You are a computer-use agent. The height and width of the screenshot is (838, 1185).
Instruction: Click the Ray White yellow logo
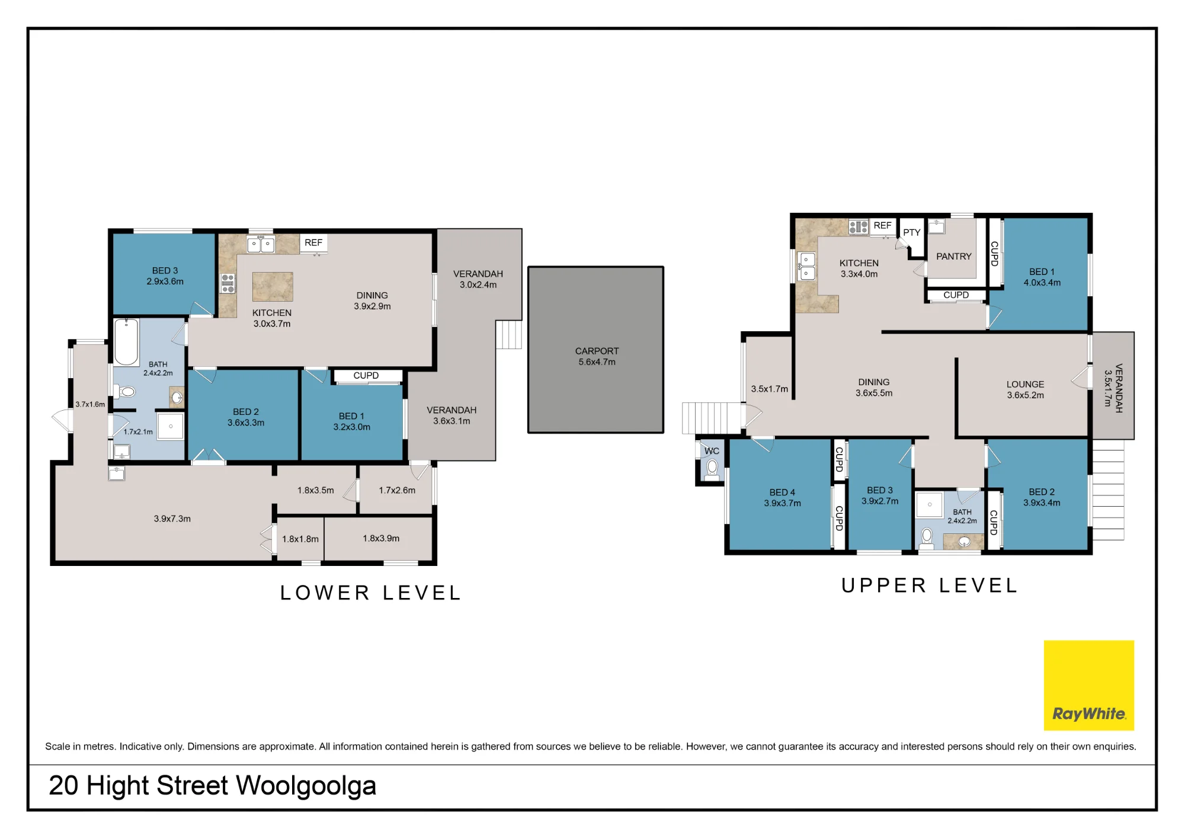tap(1088, 685)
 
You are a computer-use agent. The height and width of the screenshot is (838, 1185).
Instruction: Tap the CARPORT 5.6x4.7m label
tap(597, 356)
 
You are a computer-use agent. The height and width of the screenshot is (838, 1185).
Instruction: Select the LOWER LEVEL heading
tap(370, 593)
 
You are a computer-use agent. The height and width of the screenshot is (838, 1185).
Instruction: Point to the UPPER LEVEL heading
tap(929, 586)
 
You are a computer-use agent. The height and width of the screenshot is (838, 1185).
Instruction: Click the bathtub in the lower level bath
tap(126, 342)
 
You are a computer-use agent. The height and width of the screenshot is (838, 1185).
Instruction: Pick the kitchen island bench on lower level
tap(273, 287)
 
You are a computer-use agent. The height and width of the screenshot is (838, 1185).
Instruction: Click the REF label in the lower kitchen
tap(313, 242)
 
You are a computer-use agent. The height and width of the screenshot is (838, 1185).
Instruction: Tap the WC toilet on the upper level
tap(712, 469)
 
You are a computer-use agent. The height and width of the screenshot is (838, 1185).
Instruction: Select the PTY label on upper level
tap(912, 232)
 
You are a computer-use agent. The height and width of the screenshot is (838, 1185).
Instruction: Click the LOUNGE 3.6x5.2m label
tap(1026, 389)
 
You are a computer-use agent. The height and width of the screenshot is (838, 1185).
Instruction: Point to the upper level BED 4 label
tap(782, 492)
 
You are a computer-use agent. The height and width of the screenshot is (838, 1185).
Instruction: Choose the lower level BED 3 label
tap(165, 271)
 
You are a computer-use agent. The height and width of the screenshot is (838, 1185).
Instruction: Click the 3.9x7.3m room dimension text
tap(172, 519)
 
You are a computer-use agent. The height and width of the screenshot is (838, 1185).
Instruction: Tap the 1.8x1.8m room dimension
tap(300, 539)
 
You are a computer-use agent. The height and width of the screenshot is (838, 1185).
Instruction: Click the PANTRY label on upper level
tap(954, 257)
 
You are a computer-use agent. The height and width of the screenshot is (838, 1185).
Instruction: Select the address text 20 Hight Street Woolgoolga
tap(213, 786)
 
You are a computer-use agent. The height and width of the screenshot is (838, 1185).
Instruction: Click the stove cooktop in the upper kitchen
tap(859, 226)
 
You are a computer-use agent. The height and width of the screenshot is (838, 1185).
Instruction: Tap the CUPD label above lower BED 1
tap(366, 376)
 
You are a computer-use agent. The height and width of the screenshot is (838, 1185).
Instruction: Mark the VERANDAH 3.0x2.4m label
tap(478, 279)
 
